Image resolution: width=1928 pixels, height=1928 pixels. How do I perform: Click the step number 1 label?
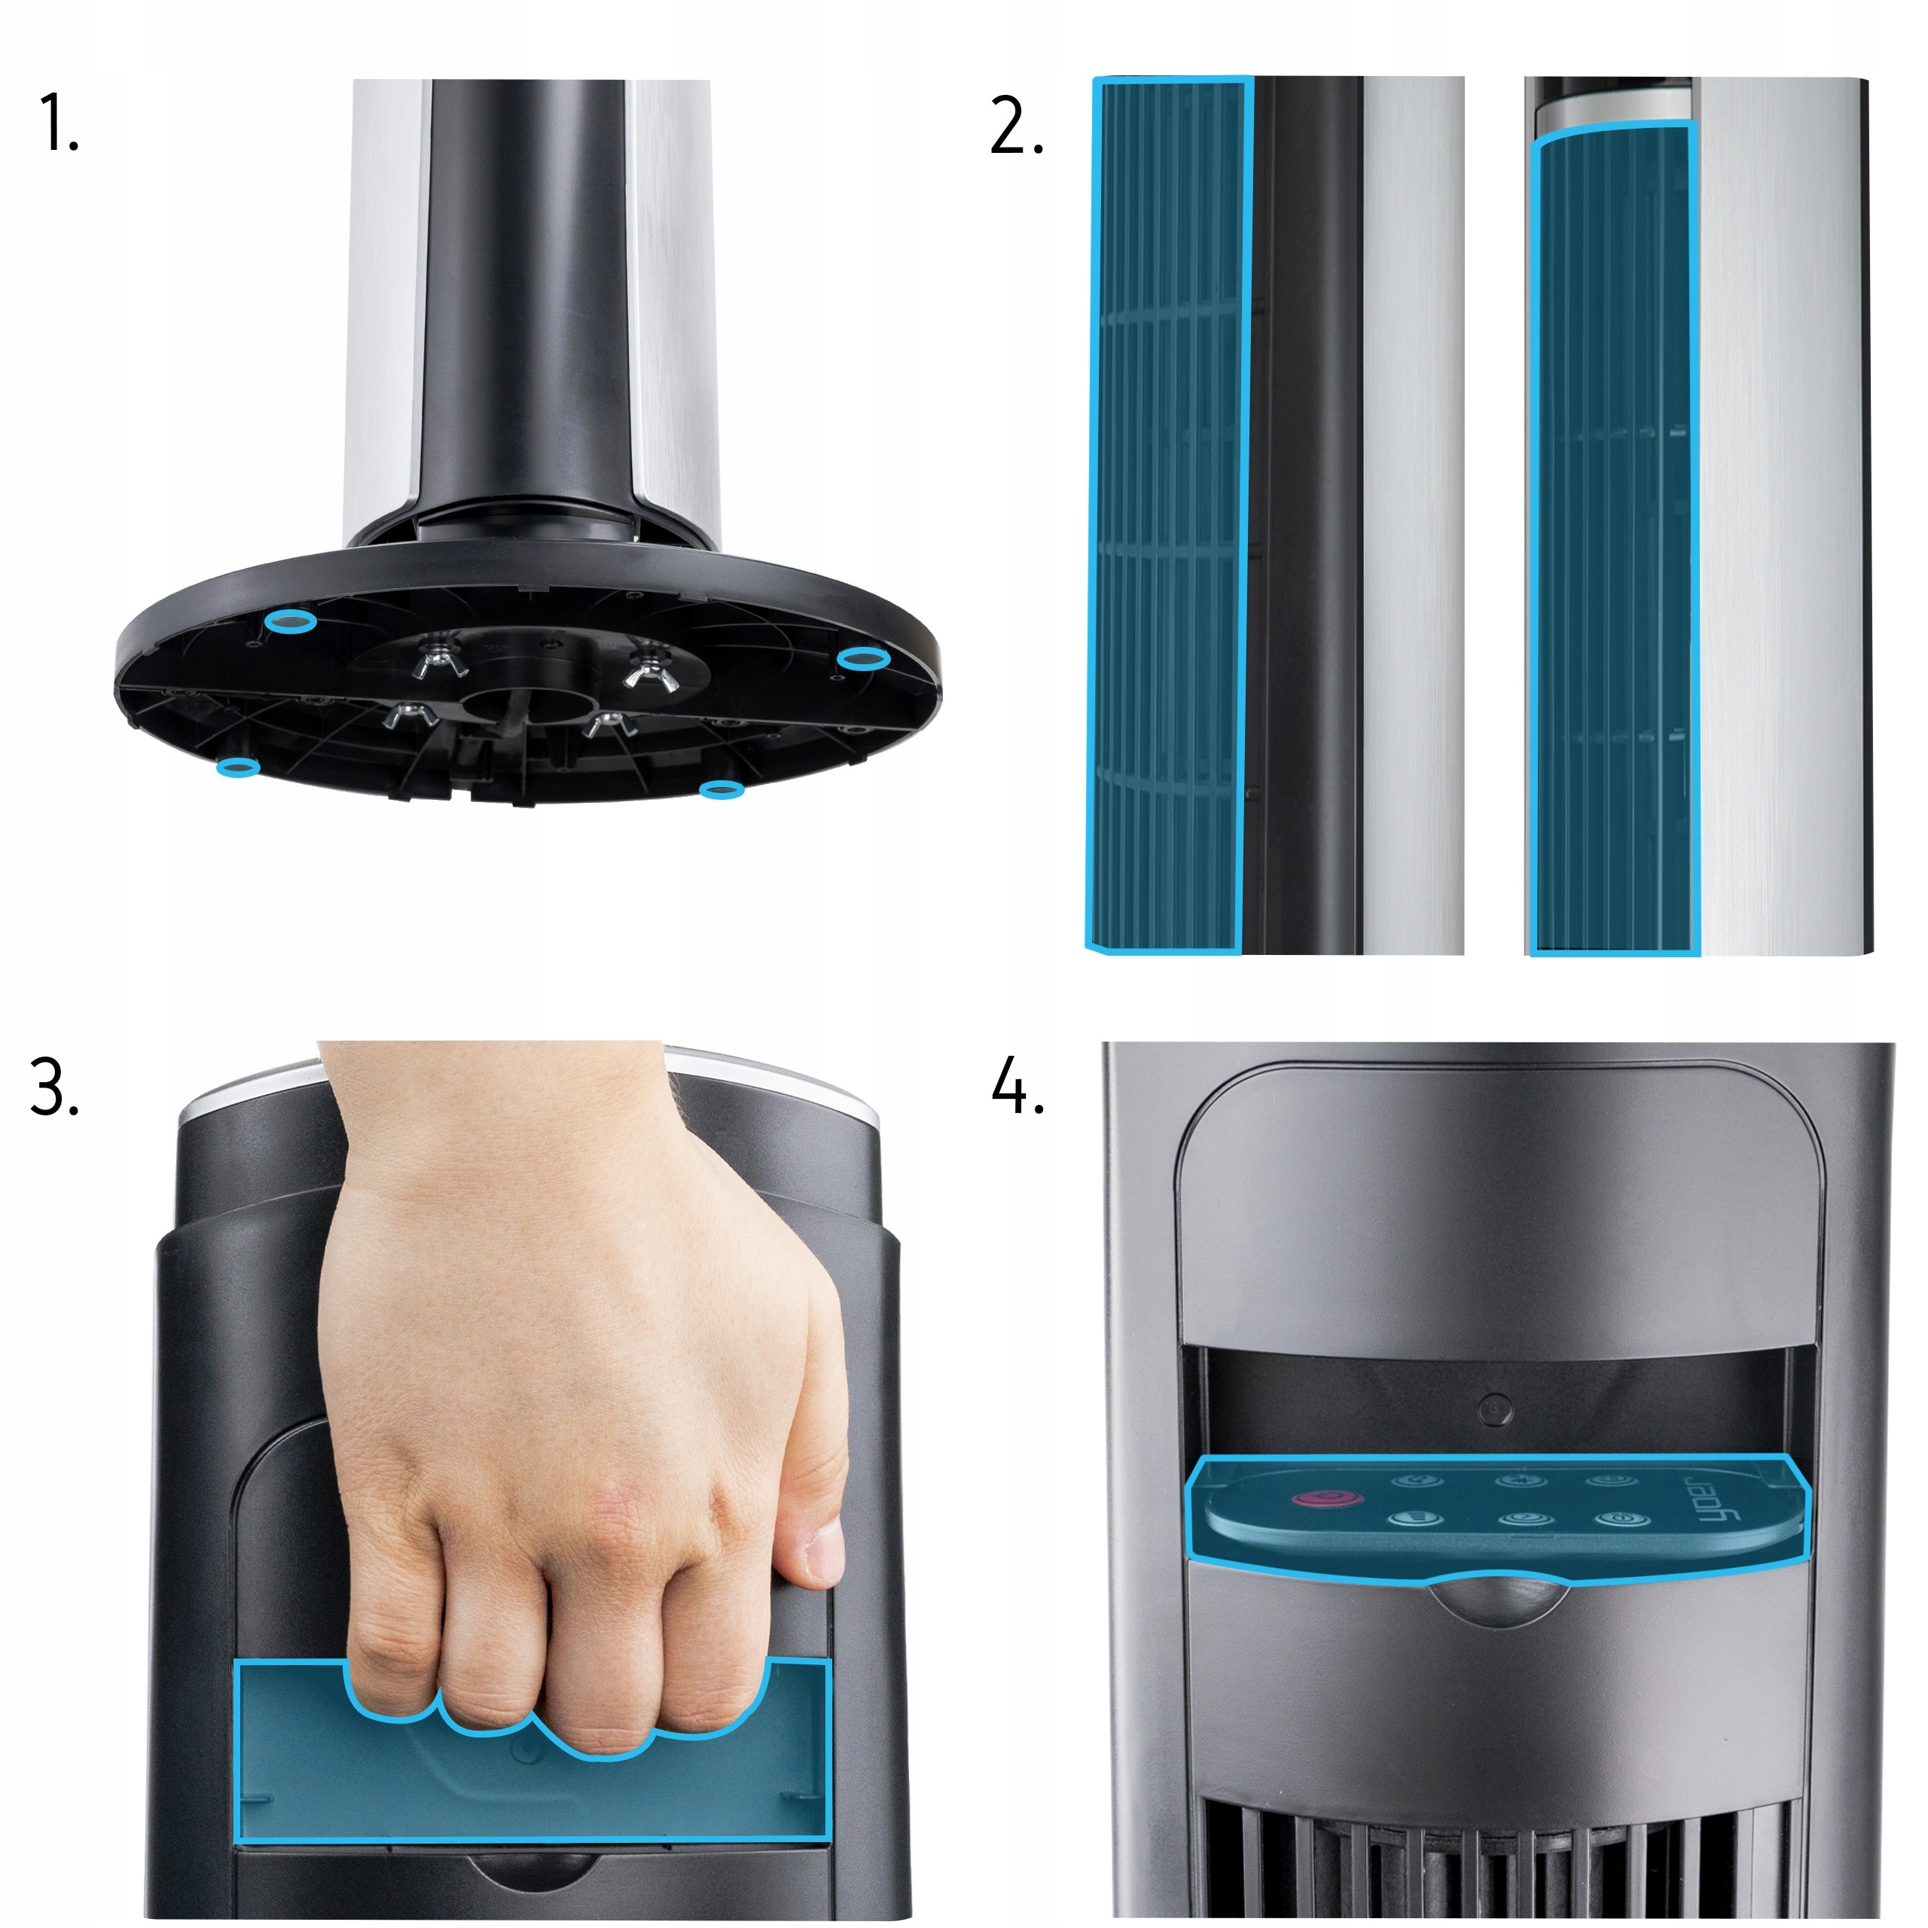tap(57, 123)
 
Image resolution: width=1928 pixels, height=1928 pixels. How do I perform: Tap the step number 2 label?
tap(1016, 126)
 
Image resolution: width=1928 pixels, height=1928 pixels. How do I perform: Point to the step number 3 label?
tap(55, 1087)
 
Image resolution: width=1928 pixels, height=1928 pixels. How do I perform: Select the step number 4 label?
tap(1018, 1086)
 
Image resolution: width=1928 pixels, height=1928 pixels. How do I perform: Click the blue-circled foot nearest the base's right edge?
tap(863, 659)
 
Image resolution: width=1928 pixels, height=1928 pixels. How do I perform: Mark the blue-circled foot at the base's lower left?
tap(239, 767)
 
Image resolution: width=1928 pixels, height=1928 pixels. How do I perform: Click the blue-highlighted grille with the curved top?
tap(1612, 539)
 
